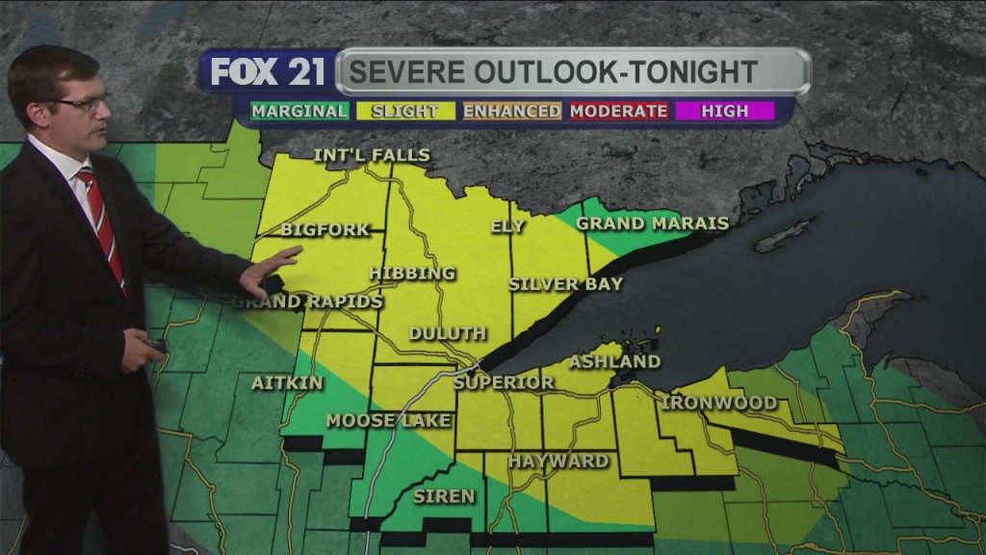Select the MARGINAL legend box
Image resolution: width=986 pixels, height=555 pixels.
point(299,111)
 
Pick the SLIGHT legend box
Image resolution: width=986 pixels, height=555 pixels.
point(405,111)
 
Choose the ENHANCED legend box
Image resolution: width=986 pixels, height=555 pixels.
point(511,111)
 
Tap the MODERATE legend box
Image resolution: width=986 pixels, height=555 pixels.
point(618,111)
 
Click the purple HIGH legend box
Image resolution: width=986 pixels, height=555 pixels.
point(724,111)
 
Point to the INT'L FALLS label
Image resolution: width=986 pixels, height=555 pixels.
point(372,155)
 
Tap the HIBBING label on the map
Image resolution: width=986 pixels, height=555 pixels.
point(412,274)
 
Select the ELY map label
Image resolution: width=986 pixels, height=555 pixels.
point(507,226)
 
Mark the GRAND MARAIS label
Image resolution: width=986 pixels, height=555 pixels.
point(652,224)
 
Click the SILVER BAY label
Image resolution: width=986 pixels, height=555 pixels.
point(566,284)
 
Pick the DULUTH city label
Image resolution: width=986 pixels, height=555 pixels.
point(448,334)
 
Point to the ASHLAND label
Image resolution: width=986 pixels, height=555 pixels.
point(615,362)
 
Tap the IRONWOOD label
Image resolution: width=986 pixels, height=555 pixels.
point(719,403)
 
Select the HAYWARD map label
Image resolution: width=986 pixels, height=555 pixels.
point(558,462)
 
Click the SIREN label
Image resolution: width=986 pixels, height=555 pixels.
point(444,496)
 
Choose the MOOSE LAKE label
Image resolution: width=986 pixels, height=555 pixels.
point(375,420)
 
